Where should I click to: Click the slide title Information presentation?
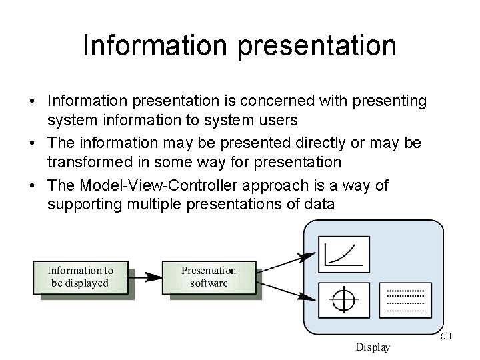tap(239, 45)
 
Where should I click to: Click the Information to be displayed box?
tap(80, 277)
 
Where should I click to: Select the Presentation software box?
tap(209, 277)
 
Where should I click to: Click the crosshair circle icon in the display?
tap(343, 301)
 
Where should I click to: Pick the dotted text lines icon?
tap(405, 301)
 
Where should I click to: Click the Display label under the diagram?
tap(373, 347)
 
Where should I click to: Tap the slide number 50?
tap(446, 336)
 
